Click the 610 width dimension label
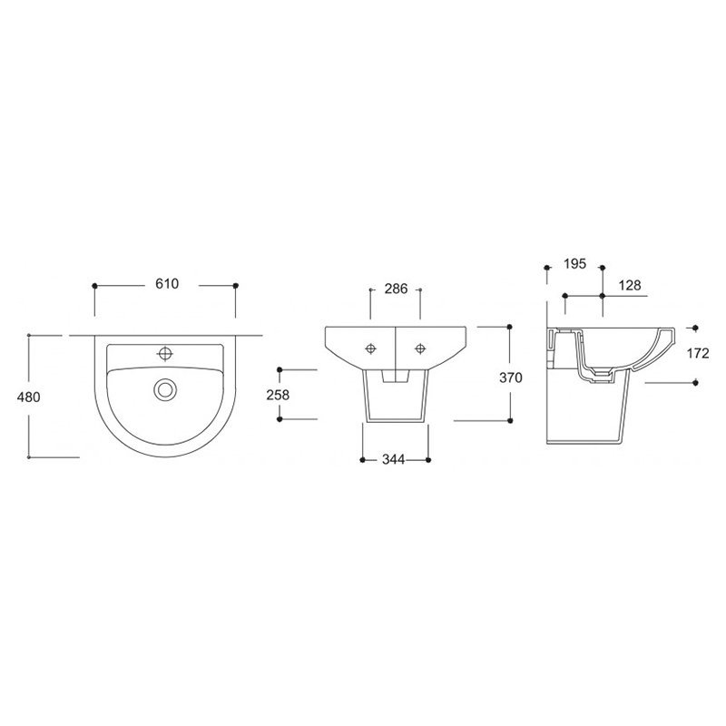167,283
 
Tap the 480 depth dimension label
29,397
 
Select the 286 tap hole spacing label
396,289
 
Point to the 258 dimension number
278,395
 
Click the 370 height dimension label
511,378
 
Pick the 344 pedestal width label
394,459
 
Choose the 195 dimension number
575,263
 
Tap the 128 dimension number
630,285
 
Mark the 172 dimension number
698,353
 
